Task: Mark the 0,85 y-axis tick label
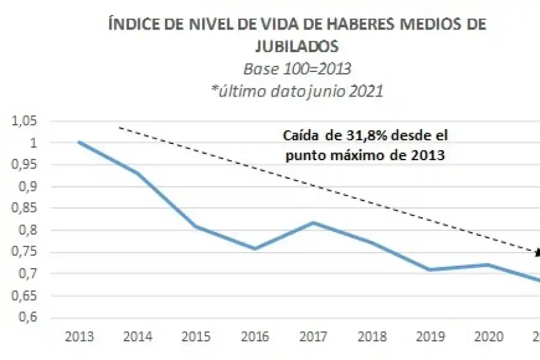point(24,209)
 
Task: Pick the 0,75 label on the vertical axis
point(24,253)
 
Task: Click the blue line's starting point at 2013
point(79,142)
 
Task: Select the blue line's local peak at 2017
point(314,223)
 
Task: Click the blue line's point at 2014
point(138,173)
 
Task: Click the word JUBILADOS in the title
point(296,44)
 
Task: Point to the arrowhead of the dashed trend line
point(536,252)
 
